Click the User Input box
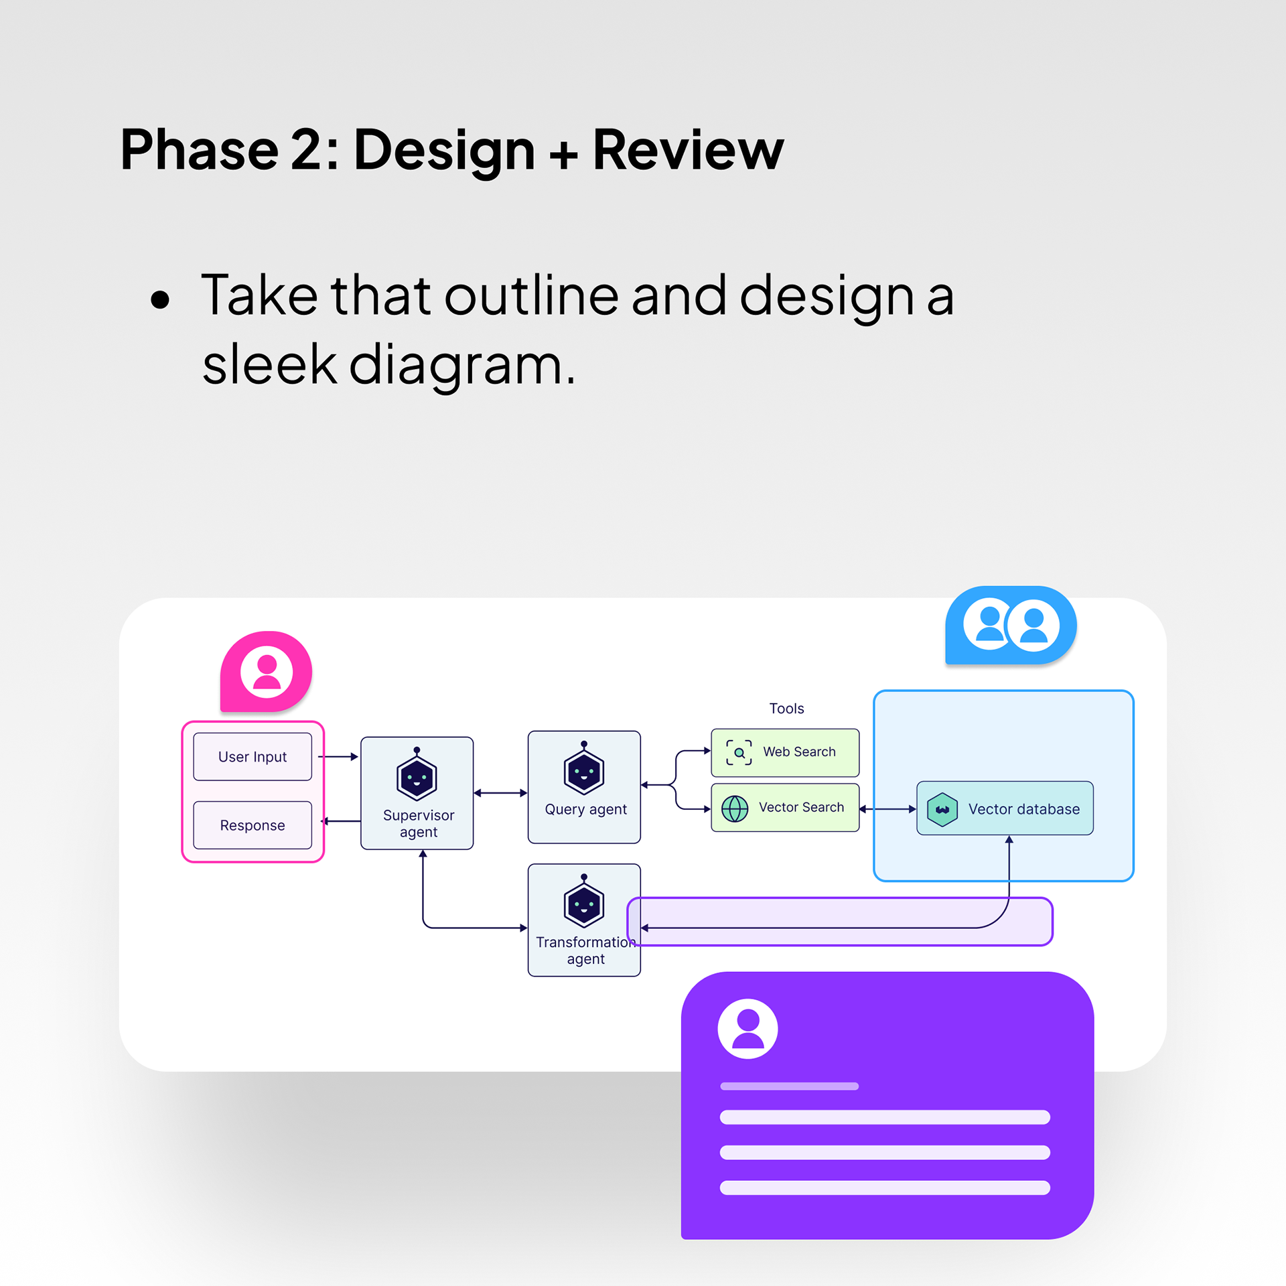pyautogui.click(x=253, y=756)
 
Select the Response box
pyautogui.click(x=253, y=825)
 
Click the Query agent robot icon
pyautogui.click(x=584, y=770)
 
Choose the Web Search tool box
pyautogui.click(x=785, y=752)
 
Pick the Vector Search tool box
pyautogui.click(x=785, y=808)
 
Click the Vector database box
pyautogui.click(x=1005, y=808)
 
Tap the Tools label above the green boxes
pyautogui.click(x=786, y=709)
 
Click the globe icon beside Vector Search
pyautogui.click(x=735, y=808)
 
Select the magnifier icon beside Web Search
pyautogui.click(x=739, y=752)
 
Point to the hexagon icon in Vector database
pyautogui.click(x=942, y=809)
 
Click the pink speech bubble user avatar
pyautogui.click(x=267, y=672)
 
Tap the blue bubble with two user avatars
pyautogui.click(x=1011, y=625)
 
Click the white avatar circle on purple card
pyautogui.click(x=747, y=1029)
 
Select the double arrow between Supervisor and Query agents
pyautogui.click(x=500, y=793)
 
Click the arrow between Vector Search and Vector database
pyautogui.click(x=887, y=809)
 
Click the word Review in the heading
pyautogui.click(x=688, y=150)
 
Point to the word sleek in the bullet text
pyautogui.click(x=269, y=364)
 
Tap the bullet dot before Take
pyautogui.click(x=160, y=299)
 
